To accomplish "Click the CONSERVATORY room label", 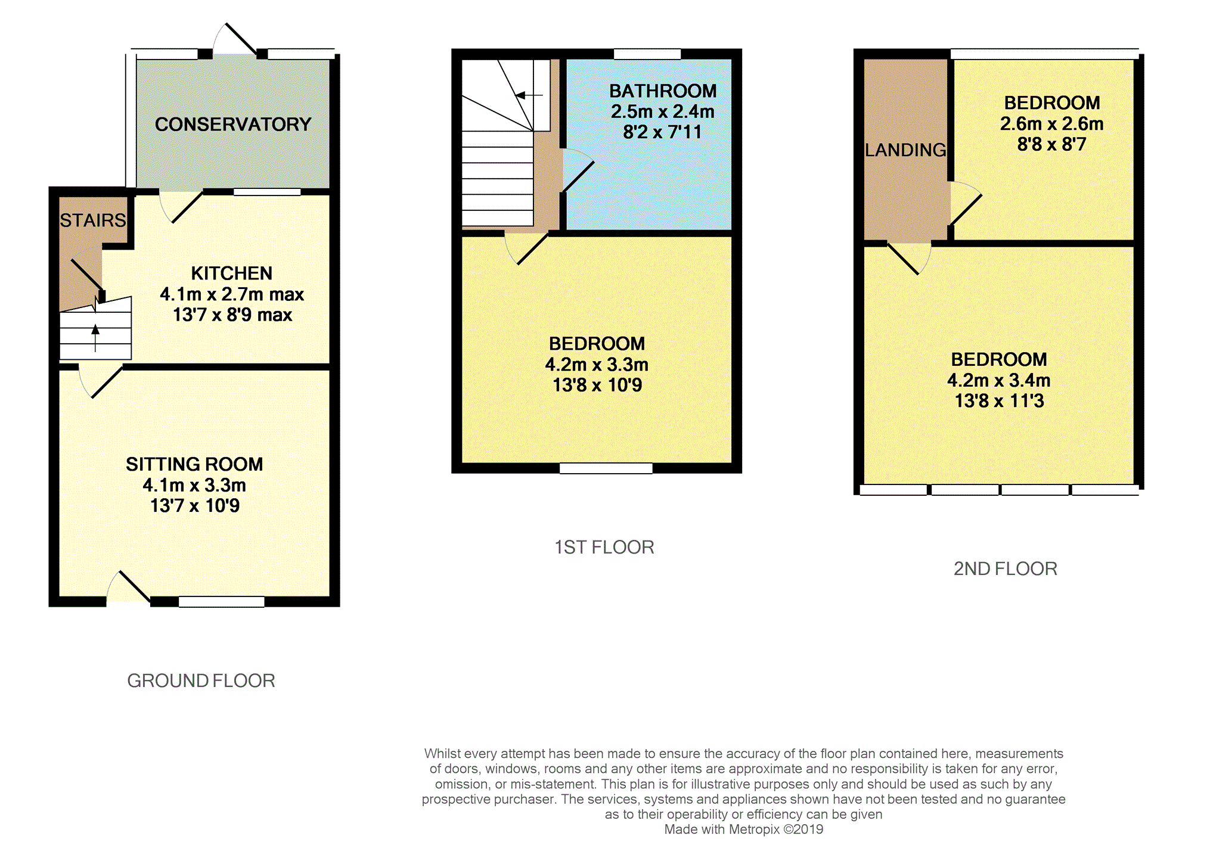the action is (233, 124).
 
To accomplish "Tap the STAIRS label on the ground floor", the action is (93, 220).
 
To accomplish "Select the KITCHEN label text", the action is (232, 273).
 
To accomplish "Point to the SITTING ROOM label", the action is (194, 464).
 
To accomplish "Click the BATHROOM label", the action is (663, 91).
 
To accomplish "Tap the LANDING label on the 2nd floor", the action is (905, 150).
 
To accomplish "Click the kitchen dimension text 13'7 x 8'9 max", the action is (232, 315).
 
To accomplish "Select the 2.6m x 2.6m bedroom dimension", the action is (1052, 124).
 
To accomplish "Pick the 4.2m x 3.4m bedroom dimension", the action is (999, 380).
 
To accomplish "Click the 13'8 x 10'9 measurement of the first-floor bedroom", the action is (597, 385).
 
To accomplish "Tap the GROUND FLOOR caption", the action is (201, 681).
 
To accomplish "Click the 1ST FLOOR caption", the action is (604, 547).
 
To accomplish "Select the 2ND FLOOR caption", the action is (1006, 568).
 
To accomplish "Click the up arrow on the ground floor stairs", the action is (95, 338).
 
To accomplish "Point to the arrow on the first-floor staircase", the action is (529, 95).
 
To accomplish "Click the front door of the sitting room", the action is (128, 587).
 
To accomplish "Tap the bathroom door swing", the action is (578, 170).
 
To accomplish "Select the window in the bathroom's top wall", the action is (647, 54).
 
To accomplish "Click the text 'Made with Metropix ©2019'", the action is (744, 829).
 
